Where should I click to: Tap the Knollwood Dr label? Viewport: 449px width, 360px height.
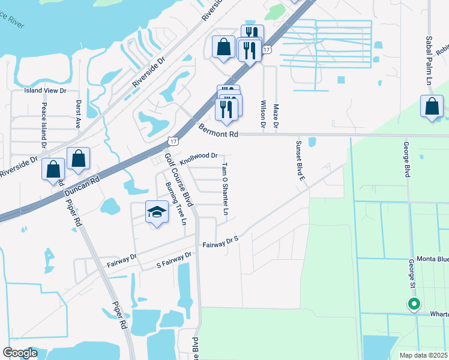pos(198,155)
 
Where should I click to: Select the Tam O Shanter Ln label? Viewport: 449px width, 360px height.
pos(225,188)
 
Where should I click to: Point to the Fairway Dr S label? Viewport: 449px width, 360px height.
pos(220,243)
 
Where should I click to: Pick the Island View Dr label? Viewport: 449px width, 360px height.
pos(44,91)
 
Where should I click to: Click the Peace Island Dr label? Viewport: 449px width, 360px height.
pos(44,125)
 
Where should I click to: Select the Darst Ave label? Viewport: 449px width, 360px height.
pos(78,114)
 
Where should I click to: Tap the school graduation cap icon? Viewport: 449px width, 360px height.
pos(157,212)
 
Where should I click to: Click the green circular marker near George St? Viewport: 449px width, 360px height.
pos(414,304)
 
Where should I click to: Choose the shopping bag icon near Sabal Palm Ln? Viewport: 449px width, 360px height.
pos(432,107)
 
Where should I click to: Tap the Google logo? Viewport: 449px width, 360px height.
pos(20,353)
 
